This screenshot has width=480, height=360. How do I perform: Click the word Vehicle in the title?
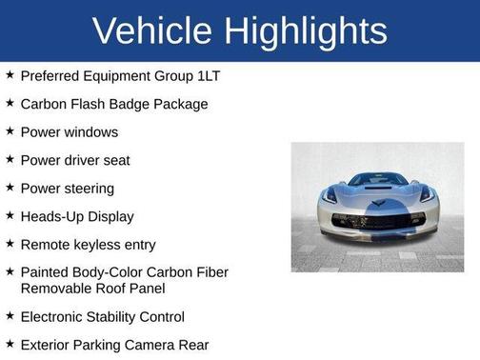tap(152, 30)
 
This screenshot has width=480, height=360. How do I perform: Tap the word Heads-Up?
tap(50, 216)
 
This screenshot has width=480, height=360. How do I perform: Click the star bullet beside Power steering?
tap(10, 188)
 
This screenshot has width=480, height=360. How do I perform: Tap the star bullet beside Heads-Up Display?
tap(10, 216)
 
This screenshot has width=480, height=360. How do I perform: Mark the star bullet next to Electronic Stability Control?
tap(10, 315)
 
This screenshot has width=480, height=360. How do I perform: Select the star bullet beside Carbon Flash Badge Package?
tap(10, 102)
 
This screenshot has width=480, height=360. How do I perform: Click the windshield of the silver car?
tap(378, 179)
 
